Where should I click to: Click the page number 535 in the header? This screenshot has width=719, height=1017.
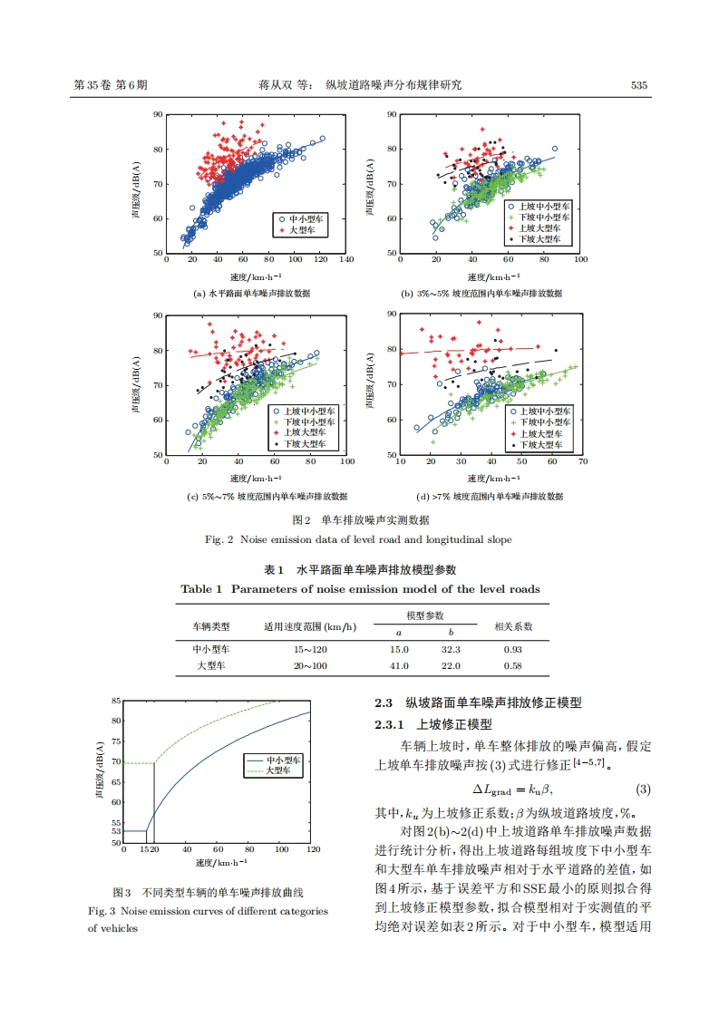click(x=638, y=85)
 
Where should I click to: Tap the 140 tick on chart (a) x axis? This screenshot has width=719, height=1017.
click(x=346, y=260)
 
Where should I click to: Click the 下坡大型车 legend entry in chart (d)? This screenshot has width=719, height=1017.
click(x=544, y=446)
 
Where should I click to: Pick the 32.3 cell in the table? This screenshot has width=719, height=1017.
click(x=451, y=650)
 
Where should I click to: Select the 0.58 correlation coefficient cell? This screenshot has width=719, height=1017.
click(x=512, y=666)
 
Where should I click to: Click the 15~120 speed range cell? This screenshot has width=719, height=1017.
click(x=309, y=650)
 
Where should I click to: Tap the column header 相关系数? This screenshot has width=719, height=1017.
click(x=512, y=626)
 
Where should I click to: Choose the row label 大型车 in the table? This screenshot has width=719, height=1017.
click(x=211, y=666)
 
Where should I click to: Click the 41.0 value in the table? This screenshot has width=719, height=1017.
click(x=399, y=666)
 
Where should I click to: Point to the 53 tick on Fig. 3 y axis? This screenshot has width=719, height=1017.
click(x=115, y=831)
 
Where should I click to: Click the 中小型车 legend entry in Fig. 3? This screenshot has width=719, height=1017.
click(x=283, y=760)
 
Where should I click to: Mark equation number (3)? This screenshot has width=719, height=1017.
click(x=643, y=789)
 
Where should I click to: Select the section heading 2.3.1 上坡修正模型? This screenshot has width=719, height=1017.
click(x=433, y=724)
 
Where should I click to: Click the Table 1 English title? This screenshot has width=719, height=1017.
click(x=360, y=589)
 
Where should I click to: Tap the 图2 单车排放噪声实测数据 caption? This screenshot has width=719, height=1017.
click(x=359, y=520)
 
